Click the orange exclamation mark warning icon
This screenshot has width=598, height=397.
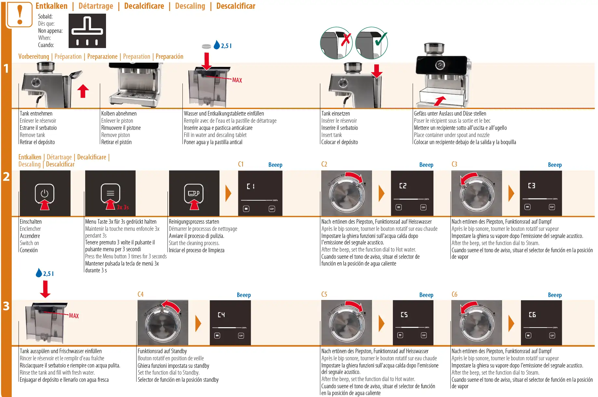coord(20,15)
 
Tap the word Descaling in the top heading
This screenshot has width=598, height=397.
coord(190,6)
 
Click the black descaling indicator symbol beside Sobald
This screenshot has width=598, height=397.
coord(87,31)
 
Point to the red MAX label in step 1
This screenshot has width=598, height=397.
coord(237,80)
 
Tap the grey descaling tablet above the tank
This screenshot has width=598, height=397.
coord(206,46)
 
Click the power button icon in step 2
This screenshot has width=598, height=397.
coord(45,193)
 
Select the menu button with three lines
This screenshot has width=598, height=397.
coord(111,193)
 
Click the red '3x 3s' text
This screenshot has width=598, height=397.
coord(123,207)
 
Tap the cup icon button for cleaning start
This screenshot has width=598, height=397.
coord(194,193)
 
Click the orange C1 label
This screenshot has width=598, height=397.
coord(241,164)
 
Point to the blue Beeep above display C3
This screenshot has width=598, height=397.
coord(555,165)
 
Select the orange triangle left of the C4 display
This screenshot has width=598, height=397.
coord(198,323)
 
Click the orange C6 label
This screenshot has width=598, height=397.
coord(454,294)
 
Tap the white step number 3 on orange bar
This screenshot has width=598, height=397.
coord(6,306)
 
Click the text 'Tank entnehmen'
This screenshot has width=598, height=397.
coord(36,114)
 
